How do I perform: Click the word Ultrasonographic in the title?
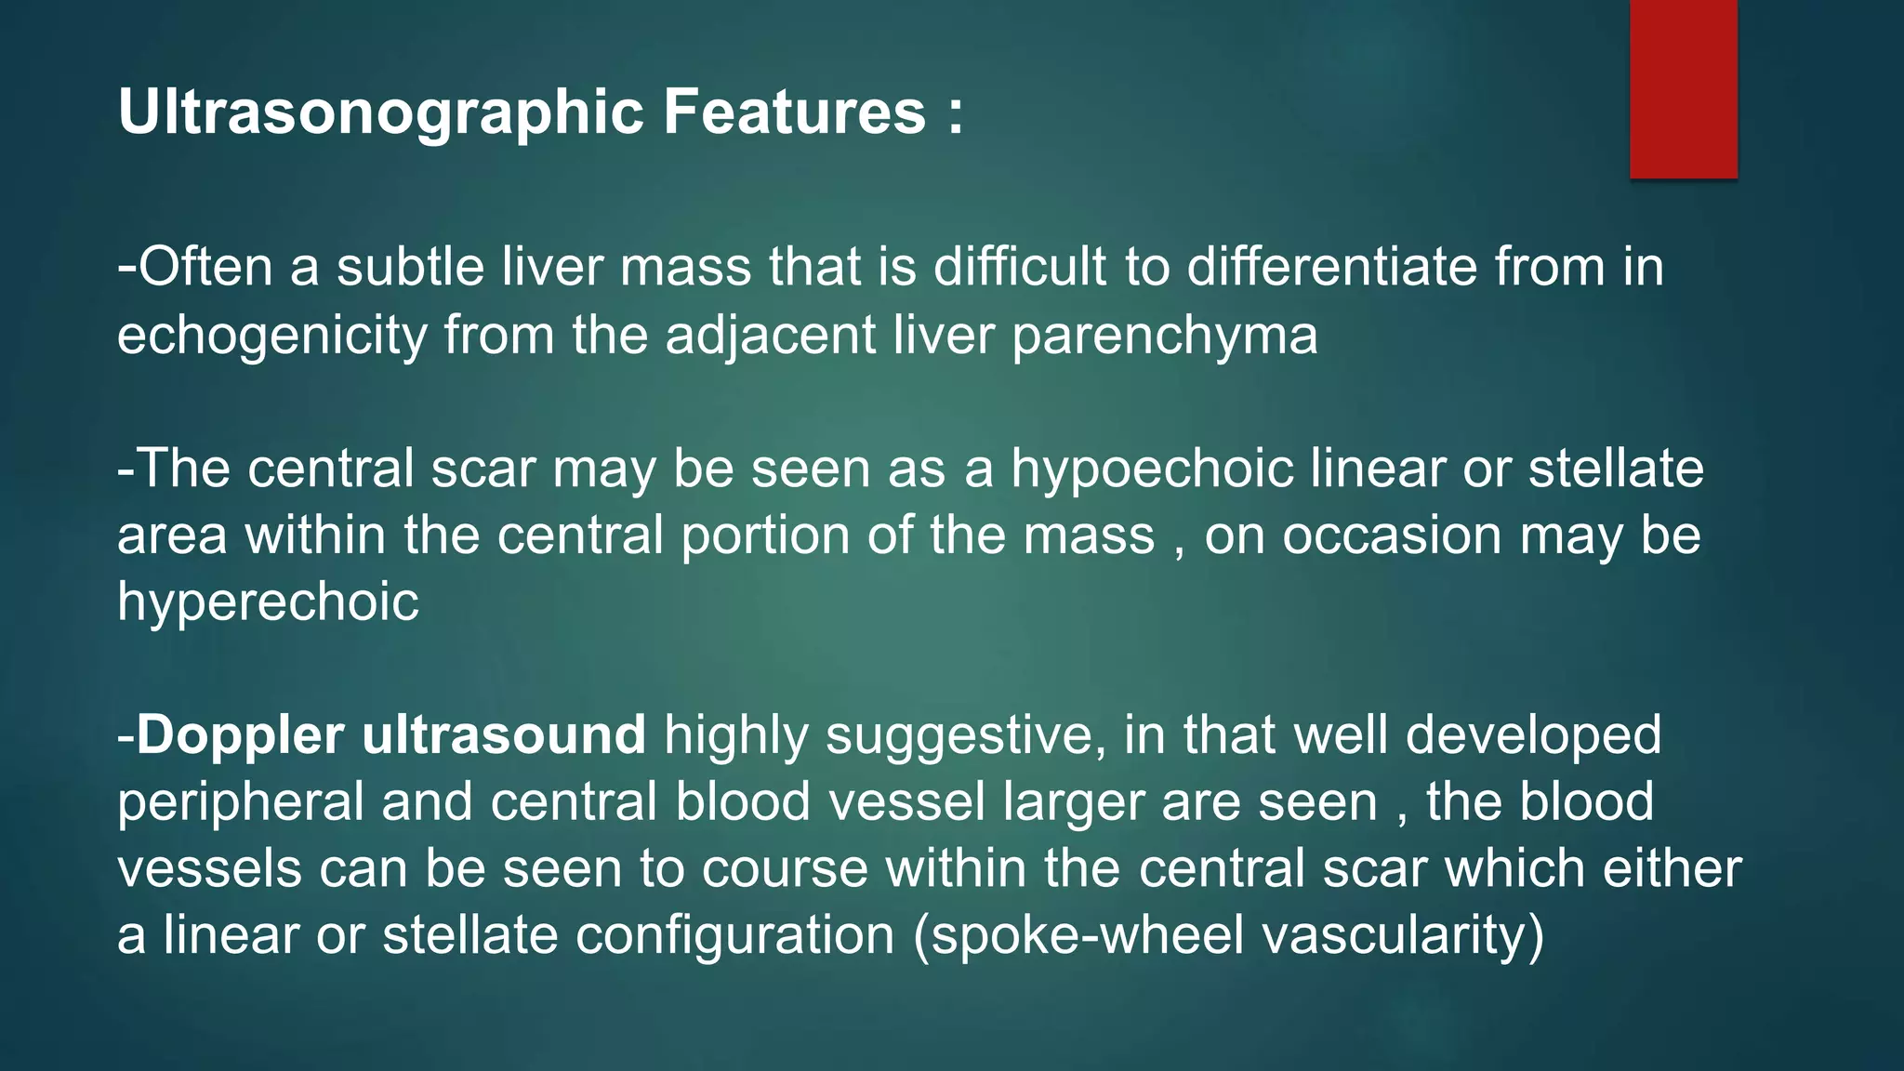point(380,112)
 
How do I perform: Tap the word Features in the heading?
point(794,112)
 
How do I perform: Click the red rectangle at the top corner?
point(1683,89)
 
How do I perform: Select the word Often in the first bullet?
point(205,267)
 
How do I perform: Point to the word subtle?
point(410,267)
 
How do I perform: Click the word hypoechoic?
point(1152,469)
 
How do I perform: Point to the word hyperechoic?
point(268,602)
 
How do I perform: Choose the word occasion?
point(1392,535)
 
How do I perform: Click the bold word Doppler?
point(240,735)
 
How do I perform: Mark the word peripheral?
point(241,802)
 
